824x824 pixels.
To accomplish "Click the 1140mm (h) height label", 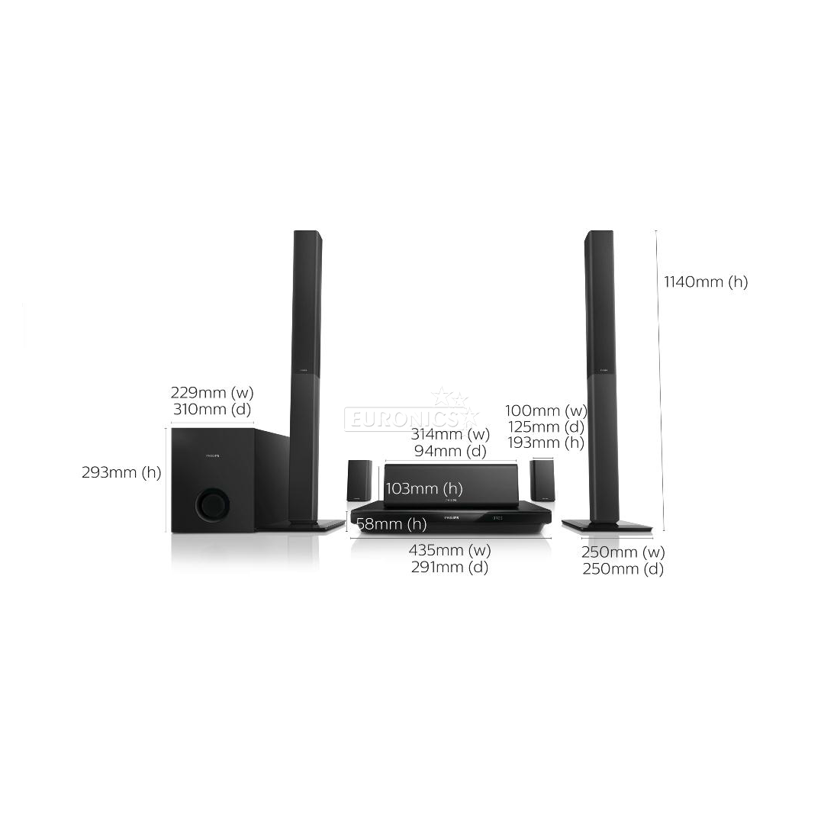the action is pyautogui.click(x=706, y=282).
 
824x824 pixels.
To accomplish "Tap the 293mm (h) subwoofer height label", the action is pyautogui.click(x=121, y=472).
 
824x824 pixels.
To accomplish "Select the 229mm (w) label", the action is pyautogui.click(x=212, y=393).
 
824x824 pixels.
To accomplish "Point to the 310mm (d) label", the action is pyautogui.click(x=212, y=410).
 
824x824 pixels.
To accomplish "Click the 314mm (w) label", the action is pyautogui.click(x=450, y=435).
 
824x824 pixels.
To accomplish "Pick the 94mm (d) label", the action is pyautogui.click(x=450, y=451).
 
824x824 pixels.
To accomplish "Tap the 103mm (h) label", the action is pyautogui.click(x=424, y=489).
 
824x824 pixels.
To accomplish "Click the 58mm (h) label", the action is pyautogui.click(x=391, y=524).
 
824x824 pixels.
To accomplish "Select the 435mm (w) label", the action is pyautogui.click(x=450, y=550).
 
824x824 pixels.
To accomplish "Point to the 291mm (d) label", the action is pyautogui.click(x=450, y=567).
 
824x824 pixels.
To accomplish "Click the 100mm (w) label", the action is pyautogui.click(x=546, y=410).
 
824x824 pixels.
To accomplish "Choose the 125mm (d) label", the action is pyautogui.click(x=546, y=426).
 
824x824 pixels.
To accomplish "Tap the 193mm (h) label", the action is pyautogui.click(x=546, y=443).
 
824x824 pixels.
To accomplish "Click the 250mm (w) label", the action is pyautogui.click(x=623, y=552).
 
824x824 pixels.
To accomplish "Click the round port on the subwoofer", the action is pyautogui.click(x=212, y=504).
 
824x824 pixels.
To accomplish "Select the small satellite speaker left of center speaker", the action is pyautogui.click(x=359, y=481).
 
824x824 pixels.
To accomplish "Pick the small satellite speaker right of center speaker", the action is pyautogui.click(x=542, y=481).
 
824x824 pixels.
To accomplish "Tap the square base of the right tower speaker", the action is pyautogui.click(x=607, y=526).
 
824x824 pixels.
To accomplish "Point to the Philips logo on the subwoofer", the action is pyautogui.click(x=211, y=456).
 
